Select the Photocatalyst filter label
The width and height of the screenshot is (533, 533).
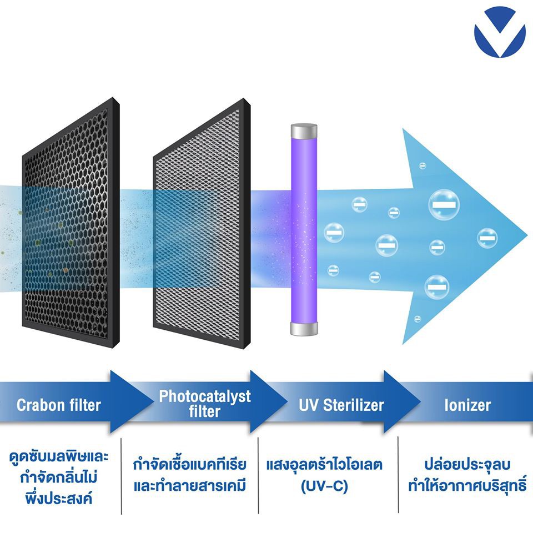click(204, 404)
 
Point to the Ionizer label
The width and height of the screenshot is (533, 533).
click(467, 405)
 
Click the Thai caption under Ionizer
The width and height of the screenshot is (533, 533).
click(467, 475)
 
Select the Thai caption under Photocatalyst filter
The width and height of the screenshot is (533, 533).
click(189, 475)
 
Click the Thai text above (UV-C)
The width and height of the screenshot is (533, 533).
click(324, 464)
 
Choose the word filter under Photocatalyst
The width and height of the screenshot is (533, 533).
click(204, 412)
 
